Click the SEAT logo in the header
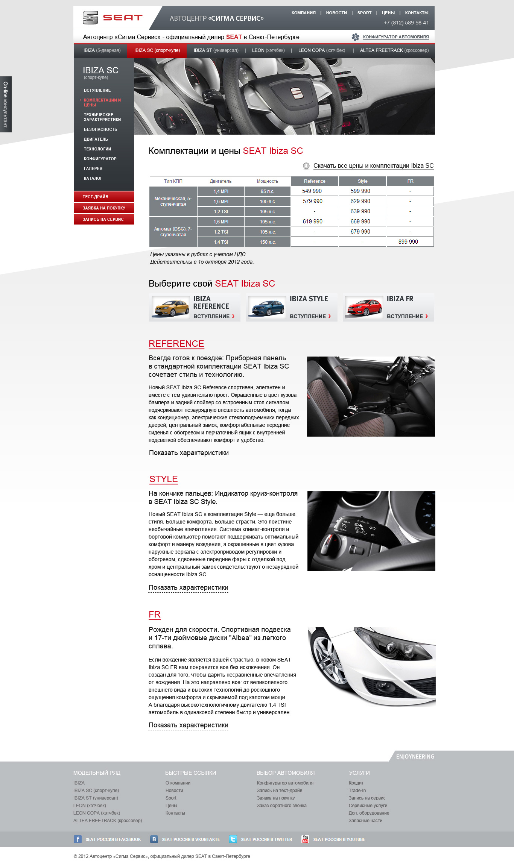tap(112, 18)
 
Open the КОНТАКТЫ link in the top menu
tap(417, 13)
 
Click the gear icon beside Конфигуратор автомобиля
tap(355, 37)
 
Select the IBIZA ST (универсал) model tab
tap(216, 50)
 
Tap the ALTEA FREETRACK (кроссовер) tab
tap(394, 50)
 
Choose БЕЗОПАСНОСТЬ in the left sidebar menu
tap(100, 129)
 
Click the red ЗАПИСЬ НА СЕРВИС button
tap(103, 219)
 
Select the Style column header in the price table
tap(362, 181)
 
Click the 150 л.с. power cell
tap(268, 242)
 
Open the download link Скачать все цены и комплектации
tap(373, 166)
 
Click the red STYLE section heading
tap(163, 479)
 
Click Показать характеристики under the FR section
tap(188, 725)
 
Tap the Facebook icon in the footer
tap(78, 839)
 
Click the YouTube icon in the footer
tap(305, 839)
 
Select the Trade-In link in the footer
tap(357, 791)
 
